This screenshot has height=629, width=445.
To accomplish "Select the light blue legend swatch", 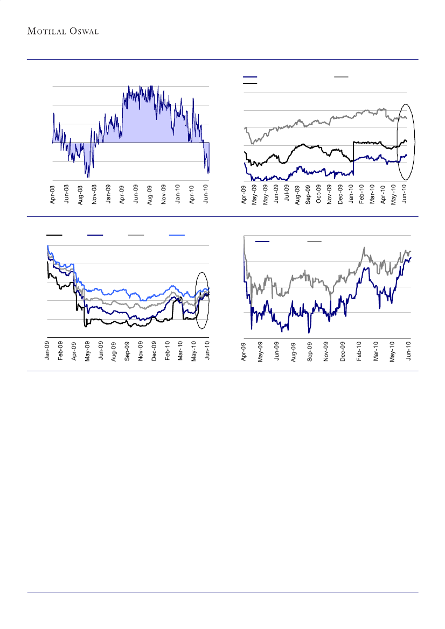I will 177,235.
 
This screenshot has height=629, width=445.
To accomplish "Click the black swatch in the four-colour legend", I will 54,235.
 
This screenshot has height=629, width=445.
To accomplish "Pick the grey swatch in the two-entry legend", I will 315,242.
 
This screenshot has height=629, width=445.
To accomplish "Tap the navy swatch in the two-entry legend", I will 262,242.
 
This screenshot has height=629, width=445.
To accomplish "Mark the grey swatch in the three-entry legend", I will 341,77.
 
